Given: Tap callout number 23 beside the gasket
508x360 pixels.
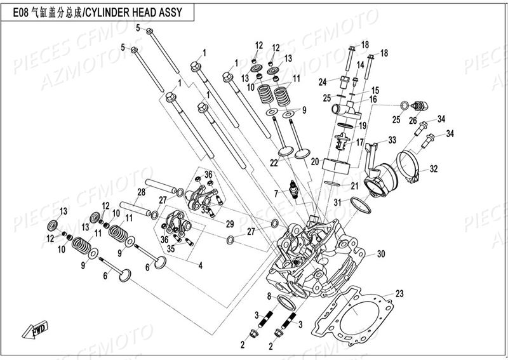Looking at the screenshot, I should [399, 293].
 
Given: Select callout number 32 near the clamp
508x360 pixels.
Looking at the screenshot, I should [434, 169].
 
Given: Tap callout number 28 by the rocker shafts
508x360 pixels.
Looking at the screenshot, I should [141, 192].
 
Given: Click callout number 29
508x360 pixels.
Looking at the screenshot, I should [230, 224].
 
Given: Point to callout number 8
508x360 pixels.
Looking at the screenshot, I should [269, 297].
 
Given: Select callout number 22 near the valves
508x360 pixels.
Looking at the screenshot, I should [273, 163].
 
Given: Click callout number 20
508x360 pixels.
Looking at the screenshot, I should [314, 163].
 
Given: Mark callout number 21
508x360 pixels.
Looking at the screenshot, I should [354, 185].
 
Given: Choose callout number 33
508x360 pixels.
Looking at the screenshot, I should [392, 140].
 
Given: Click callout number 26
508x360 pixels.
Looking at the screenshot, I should [413, 120].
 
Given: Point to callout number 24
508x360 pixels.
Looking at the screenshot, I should [323, 81].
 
